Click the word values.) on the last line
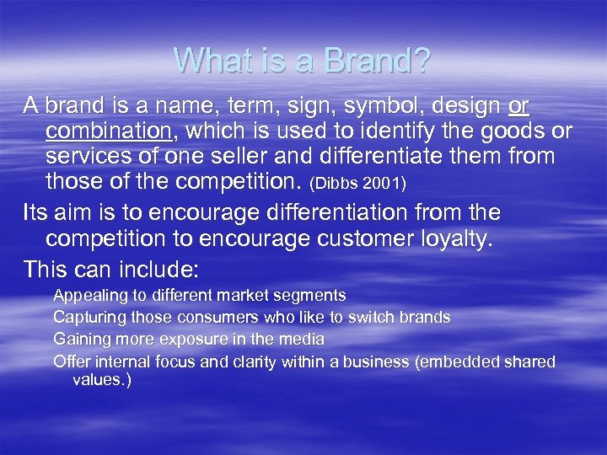102,380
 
